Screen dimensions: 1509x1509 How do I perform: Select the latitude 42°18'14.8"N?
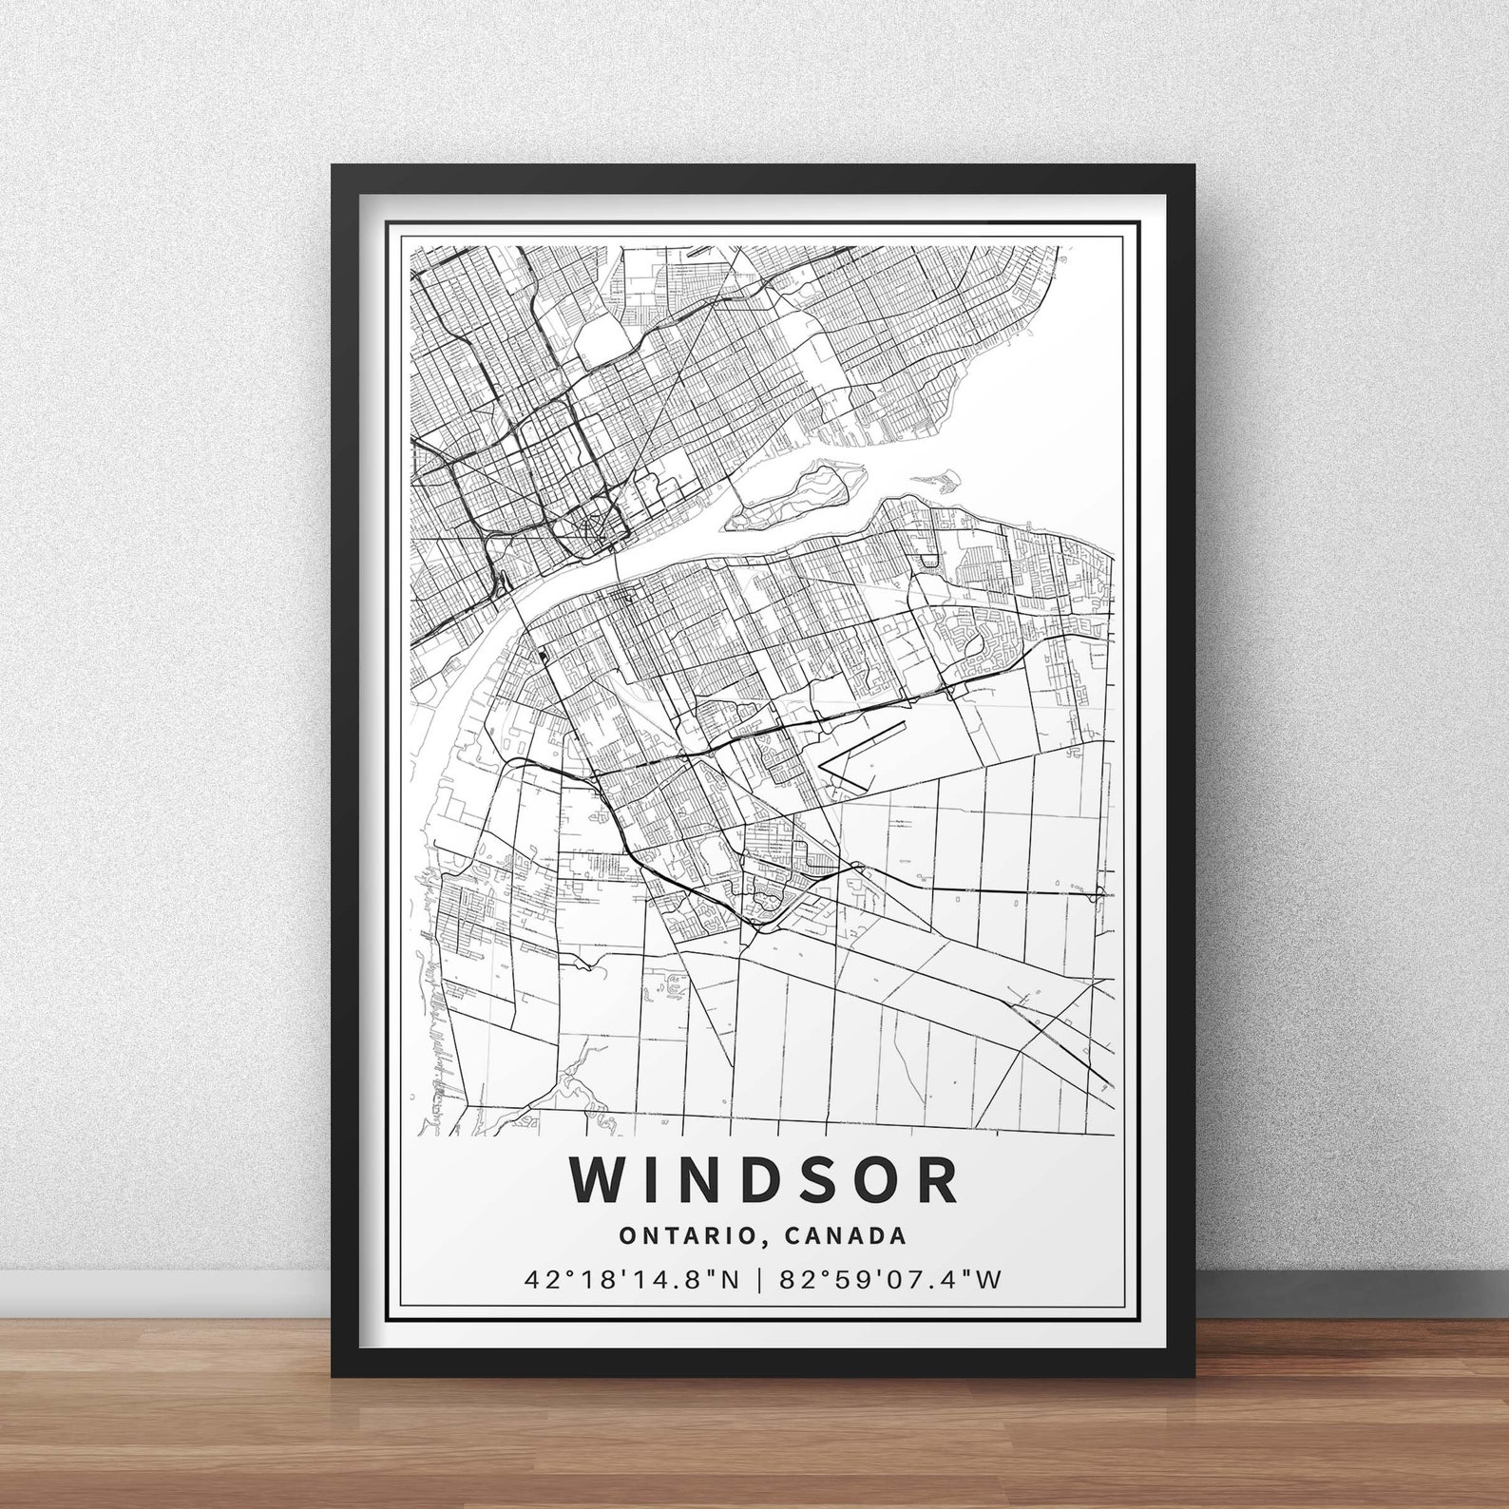coord(632,1280)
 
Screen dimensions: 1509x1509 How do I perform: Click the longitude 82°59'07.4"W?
coord(890,1280)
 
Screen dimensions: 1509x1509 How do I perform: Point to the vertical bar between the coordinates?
coord(759,1280)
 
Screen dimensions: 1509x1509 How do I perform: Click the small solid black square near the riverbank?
coord(542,655)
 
